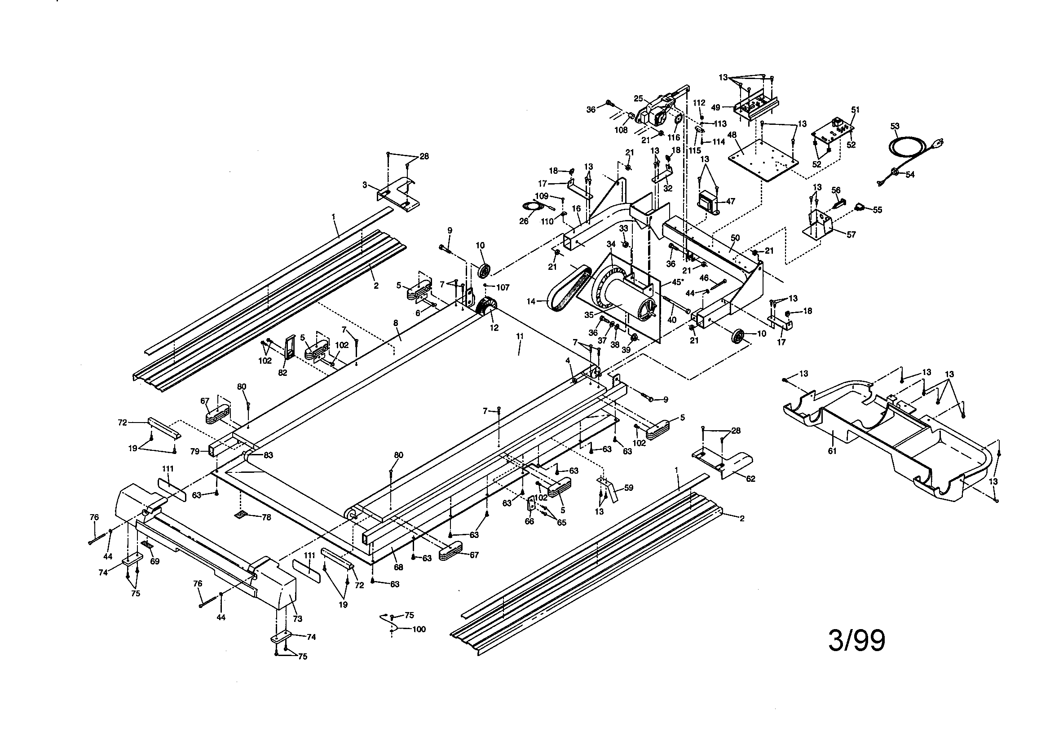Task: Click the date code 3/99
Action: point(856,641)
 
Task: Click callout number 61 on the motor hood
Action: point(832,450)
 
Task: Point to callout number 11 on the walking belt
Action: point(519,336)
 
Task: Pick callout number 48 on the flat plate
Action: point(732,135)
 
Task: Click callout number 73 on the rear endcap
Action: point(297,619)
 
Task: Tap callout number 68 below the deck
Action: point(398,567)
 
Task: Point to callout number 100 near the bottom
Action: point(419,630)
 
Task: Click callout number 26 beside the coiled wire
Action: point(524,221)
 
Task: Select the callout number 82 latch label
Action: point(282,373)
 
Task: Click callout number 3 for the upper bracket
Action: point(365,185)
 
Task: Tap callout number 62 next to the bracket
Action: point(750,479)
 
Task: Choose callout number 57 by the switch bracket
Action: point(851,235)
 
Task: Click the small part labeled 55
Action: point(860,207)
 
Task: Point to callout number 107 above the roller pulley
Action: point(503,287)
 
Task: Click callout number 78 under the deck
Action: point(266,517)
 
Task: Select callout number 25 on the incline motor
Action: point(638,98)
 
